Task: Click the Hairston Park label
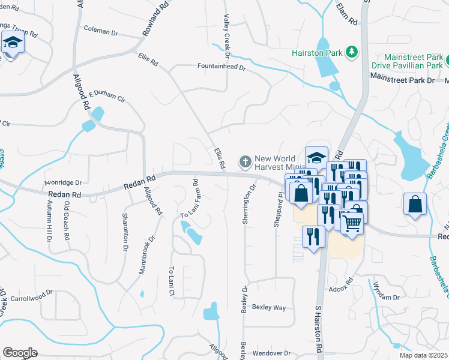(x=317, y=53)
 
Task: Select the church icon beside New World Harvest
(x=245, y=161)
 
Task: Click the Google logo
(x=20, y=353)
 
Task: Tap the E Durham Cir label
(x=107, y=97)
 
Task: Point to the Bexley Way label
(x=268, y=307)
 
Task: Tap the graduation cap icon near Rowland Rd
(x=13, y=43)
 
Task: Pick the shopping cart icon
(x=352, y=223)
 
